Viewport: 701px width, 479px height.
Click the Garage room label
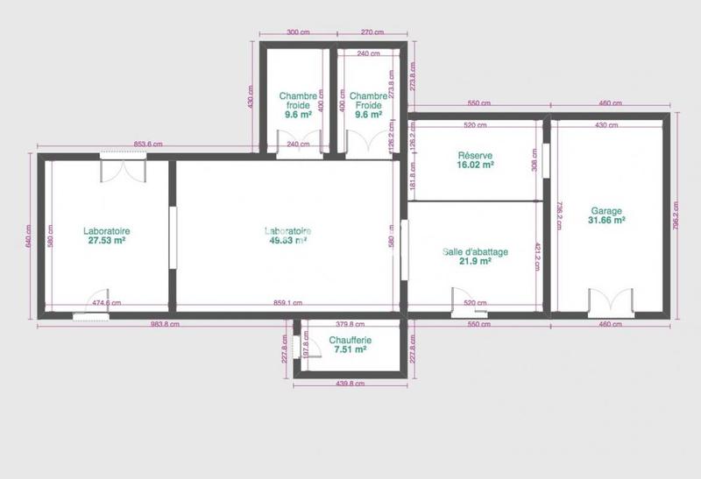606,211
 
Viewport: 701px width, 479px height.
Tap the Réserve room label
475,155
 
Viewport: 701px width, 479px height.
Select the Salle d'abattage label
475,252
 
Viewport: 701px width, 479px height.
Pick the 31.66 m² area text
606,221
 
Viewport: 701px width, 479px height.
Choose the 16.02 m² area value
475,165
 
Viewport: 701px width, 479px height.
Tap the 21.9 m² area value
475,262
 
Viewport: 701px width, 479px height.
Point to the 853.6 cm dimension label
150,144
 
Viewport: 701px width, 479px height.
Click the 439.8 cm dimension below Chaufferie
350,383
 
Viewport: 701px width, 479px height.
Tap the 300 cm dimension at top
298,32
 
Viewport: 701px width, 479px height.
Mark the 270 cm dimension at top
372,32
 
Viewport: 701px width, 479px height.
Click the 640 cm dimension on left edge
29,235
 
